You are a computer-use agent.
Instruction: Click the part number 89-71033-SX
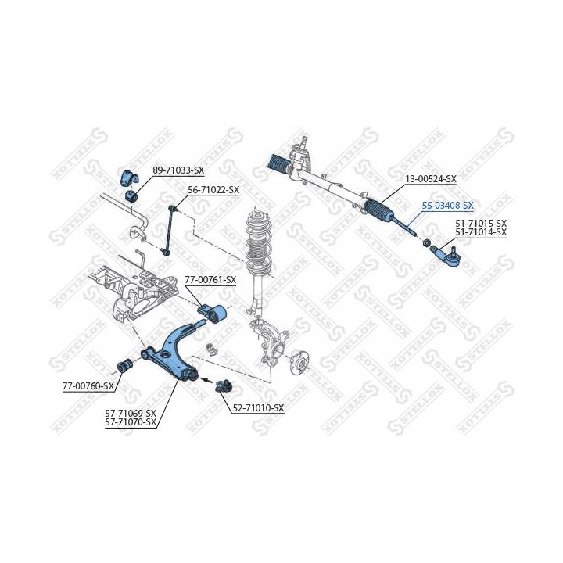point(178,170)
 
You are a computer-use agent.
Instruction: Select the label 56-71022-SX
point(213,190)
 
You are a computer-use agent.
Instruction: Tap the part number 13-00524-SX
point(430,179)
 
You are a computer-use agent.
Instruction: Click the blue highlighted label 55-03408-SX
point(447,206)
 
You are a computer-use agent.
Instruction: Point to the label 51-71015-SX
point(481,223)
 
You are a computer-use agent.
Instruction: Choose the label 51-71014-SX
point(481,232)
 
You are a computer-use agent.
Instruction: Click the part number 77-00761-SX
point(210,280)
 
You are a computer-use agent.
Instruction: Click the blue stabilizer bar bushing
point(128,179)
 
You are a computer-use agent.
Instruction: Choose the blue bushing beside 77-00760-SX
point(123,366)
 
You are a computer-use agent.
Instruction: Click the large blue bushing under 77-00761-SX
point(214,313)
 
